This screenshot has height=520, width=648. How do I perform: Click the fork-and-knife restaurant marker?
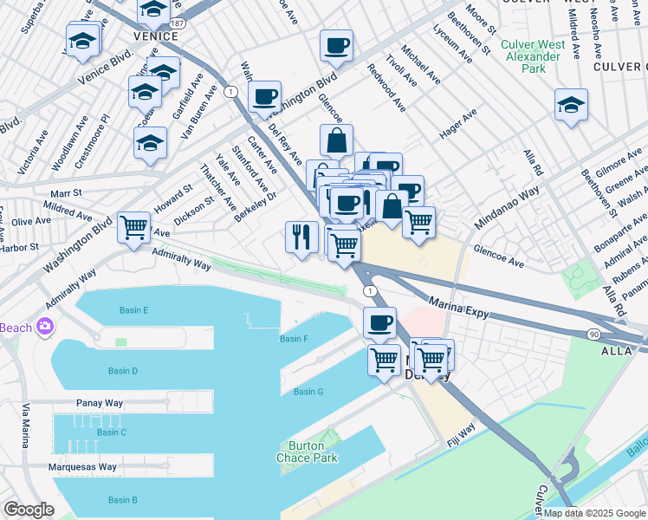[x=301, y=237]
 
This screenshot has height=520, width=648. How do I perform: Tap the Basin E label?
[x=134, y=310]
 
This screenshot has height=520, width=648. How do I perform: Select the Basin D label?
[x=124, y=371]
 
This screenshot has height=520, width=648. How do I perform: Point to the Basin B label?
[x=122, y=500]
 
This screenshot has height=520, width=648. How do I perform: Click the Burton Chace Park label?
[x=307, y=452]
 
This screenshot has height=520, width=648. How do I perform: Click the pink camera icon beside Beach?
[x=45, y=327]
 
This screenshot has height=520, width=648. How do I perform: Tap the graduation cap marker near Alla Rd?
[x=571, y=105]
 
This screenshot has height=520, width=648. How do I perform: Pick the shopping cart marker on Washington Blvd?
[x=133, y=228]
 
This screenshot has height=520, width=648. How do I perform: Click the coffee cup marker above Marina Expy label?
[x=379, y=323]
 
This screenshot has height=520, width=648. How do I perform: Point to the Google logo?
[x=29, y=510]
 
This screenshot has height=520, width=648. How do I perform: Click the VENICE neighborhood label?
[x=156, y=36]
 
